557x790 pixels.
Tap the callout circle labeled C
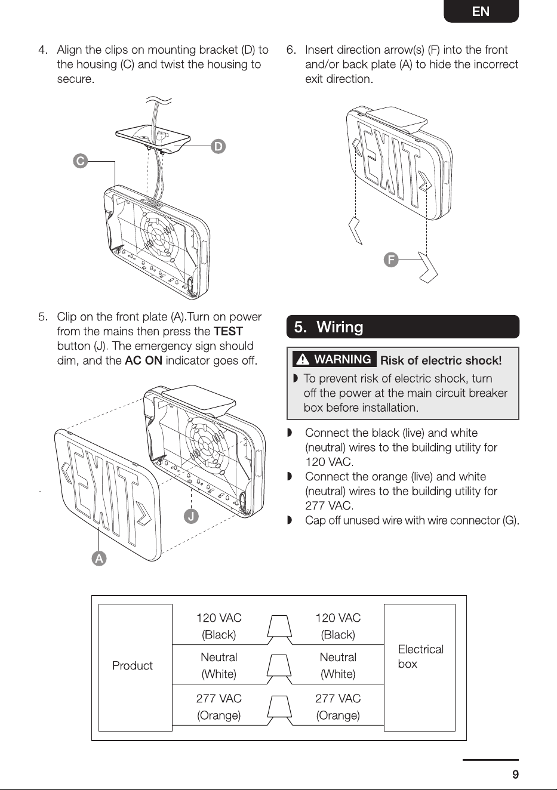point(81,161)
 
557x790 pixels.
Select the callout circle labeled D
point(218,146)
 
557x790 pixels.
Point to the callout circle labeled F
point(391,260)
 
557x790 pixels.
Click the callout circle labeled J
point(191,516)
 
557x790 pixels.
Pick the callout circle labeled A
point(99,558)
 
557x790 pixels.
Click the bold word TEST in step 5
point(229,332)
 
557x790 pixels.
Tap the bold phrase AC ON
point(143,360)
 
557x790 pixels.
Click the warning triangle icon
point(303,359)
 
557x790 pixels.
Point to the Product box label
point(133,665)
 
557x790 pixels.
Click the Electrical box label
point(420,656)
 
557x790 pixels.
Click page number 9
point(515,774)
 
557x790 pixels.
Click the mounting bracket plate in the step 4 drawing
point(153,139)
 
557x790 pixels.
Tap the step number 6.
point(291,50)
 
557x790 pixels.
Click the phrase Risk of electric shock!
point(441,360)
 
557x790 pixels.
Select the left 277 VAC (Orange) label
point(219,707)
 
